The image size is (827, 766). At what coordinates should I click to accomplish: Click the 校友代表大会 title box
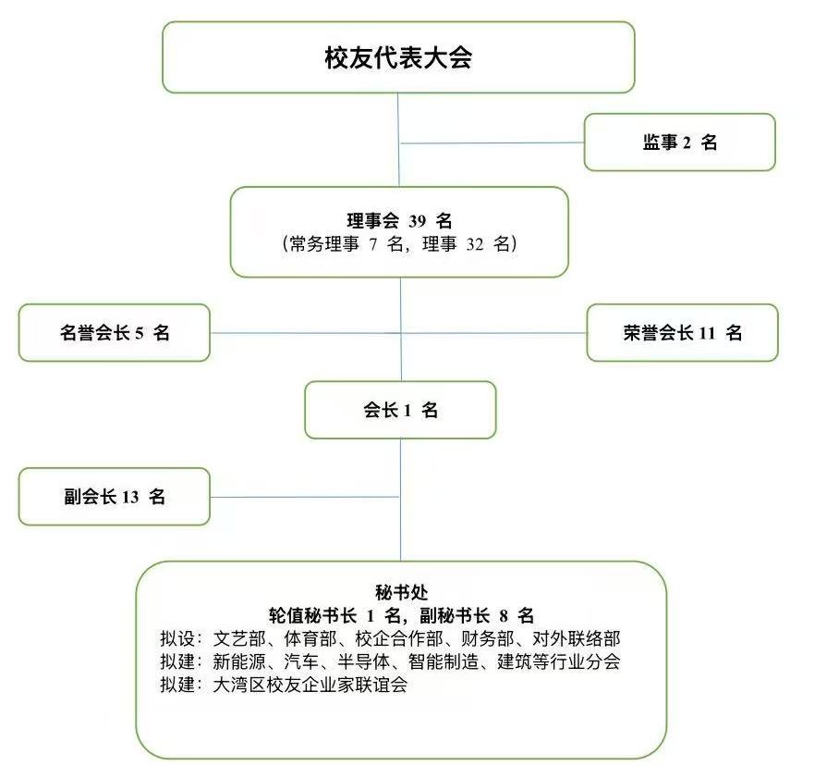point(398,57)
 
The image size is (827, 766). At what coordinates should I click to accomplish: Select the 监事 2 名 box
point(679,142)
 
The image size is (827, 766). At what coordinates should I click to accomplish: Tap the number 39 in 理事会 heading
point(417,221)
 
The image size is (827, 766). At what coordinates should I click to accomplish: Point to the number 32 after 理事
point(475,244)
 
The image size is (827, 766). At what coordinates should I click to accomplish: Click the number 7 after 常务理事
point(373,244)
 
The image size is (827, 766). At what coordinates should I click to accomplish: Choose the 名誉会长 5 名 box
point(115,333)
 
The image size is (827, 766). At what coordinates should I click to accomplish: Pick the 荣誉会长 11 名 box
point(683,333)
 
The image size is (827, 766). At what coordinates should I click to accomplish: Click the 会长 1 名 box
point(400,410)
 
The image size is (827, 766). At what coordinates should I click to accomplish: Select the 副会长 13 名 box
point(115,496)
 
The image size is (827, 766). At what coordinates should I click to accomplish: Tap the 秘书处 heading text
point(401,592)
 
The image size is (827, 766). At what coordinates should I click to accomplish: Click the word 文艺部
point(239,638)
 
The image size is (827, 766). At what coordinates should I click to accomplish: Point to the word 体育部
point(310,638)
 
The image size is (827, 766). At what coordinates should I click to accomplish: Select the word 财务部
point(487,638)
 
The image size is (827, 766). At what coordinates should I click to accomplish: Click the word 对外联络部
point(576,638)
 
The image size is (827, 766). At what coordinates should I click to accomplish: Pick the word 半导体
point(363,661)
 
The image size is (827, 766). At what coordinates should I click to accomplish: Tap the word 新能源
point(239,661)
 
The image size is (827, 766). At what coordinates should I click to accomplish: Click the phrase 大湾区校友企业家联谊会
point(310,685)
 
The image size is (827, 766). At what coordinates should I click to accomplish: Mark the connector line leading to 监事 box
point(493,142)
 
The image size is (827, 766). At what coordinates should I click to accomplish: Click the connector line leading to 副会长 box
point(305,497)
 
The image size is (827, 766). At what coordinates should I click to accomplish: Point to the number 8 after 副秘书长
point(504,615)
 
